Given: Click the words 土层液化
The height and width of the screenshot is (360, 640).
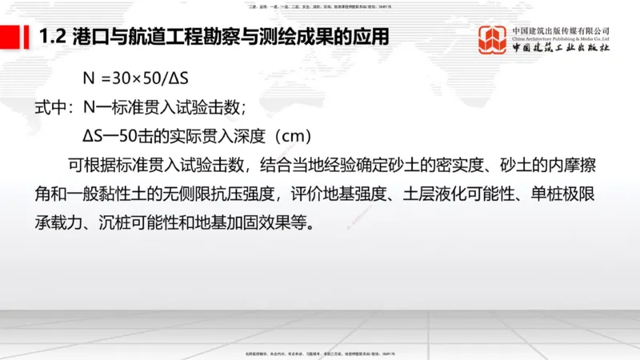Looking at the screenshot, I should click(426, 194).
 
